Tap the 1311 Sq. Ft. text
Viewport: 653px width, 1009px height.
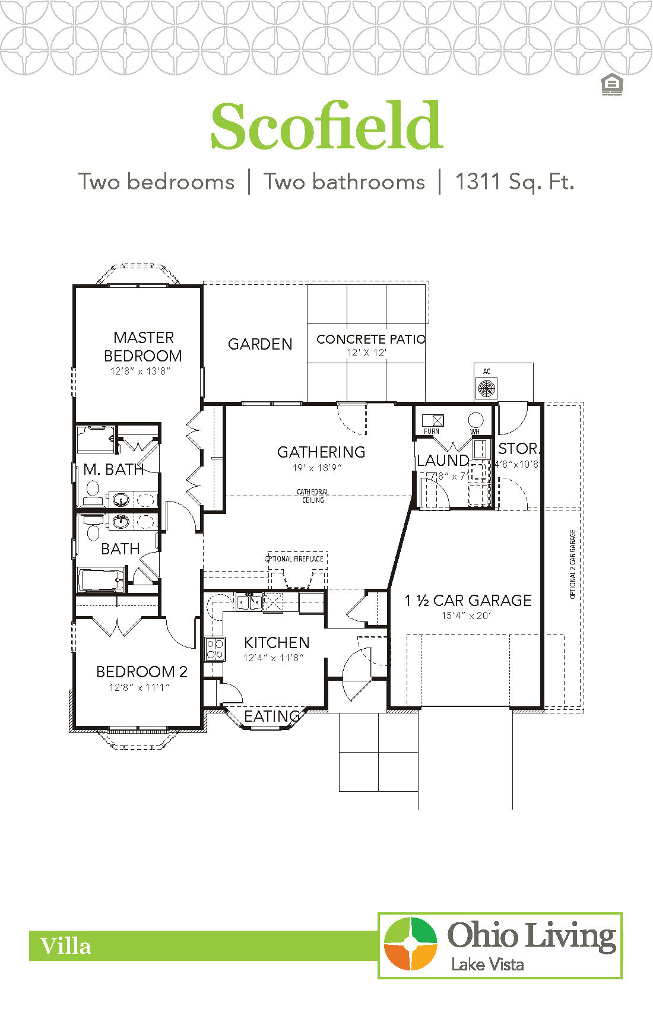tap(515, 182)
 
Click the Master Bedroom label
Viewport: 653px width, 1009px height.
tap(143, 347)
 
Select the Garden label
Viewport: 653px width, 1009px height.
tap(260, 344)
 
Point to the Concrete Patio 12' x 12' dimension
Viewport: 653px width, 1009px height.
tap(367, 353)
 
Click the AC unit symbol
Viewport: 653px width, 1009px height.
tap(487, 388)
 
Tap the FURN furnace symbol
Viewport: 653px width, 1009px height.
tap(433, 421)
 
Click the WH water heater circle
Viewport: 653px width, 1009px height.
tap(476, 420)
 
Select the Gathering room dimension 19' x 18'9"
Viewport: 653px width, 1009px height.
tap(317, 468)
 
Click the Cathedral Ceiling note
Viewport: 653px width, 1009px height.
tap(313, 496)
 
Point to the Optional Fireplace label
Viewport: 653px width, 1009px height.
tap(294, 559)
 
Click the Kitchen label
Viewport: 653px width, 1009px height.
tap(277, 642)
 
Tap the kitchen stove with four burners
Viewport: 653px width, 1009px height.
tap(215, 649)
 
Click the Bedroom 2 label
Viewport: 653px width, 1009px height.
tap(141, 672)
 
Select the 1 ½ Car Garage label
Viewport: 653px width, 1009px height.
tap(468, 601)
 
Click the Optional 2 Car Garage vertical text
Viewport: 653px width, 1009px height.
tap(573, 564)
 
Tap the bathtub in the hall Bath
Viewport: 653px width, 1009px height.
tap(101, 580)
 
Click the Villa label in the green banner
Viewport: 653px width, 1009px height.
tap(66, 946)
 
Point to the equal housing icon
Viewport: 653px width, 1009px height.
tap(612, 85)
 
